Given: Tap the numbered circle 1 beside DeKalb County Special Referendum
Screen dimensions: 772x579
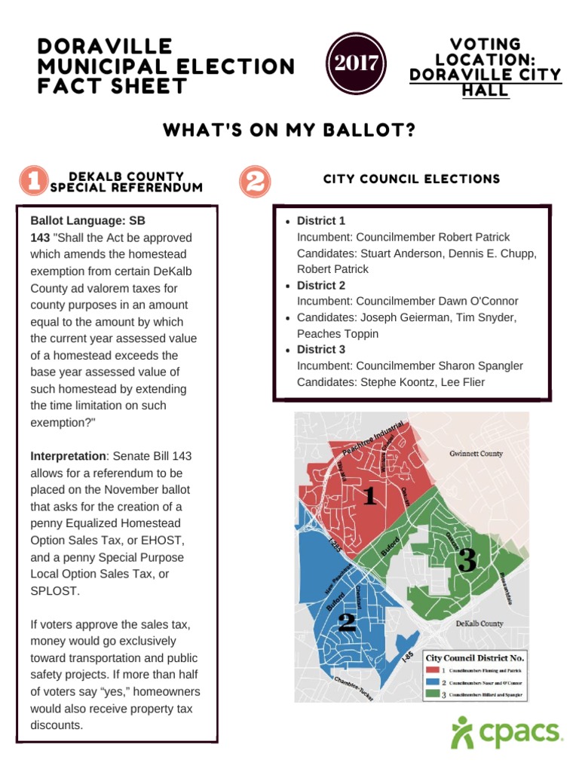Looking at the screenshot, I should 32,181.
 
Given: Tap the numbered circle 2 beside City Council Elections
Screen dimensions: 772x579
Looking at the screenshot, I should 255,181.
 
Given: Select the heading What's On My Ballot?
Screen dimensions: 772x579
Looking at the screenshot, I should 289,130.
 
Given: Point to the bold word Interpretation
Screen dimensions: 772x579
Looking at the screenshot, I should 67,457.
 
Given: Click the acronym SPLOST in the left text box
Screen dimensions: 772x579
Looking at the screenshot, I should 54,591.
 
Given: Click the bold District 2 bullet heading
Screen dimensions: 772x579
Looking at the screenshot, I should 321,285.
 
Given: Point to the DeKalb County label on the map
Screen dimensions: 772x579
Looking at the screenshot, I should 479,624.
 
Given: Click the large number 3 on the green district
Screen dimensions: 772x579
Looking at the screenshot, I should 467,559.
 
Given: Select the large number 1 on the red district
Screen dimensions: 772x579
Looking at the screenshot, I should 369,495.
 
